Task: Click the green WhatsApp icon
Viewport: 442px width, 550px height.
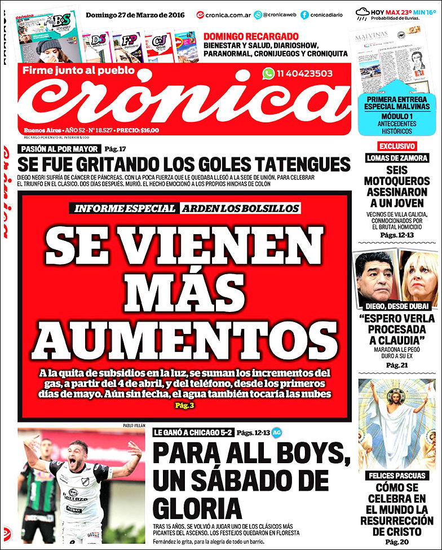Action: pyautogui.click(x=268, y=73)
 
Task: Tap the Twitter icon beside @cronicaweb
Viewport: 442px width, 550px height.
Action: pyautogui.click(x=258, y=15)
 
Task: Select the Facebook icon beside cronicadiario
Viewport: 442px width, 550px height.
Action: pyautogui.click(x=304, y=15)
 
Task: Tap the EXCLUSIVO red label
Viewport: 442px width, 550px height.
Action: pyautogui.click(x=396, y=146)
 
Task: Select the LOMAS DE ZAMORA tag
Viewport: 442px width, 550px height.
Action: pyautogui.click(x=397, y=158)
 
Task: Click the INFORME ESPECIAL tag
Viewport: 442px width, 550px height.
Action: pyautogui.click(x=125, y=208)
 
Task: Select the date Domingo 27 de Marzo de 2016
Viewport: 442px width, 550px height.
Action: pyautogui.click(x=135, y=14)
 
